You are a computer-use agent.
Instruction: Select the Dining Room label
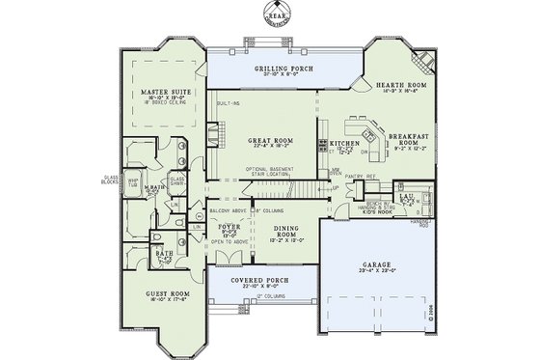[x=283, y=233]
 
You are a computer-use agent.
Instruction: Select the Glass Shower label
[x=176, y=180]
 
